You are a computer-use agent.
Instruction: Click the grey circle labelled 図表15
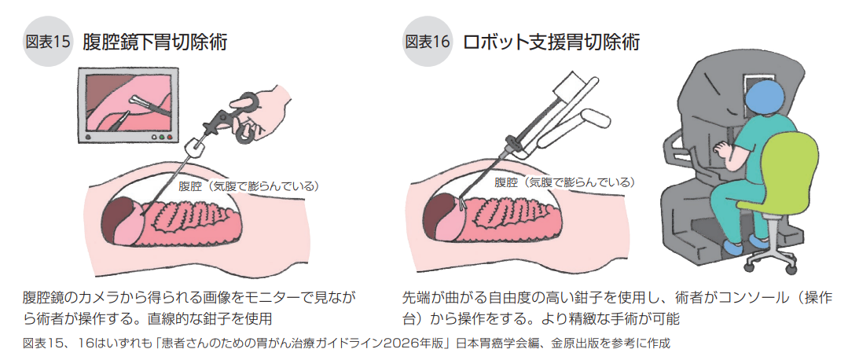coord(48,42)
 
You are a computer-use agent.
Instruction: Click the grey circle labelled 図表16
coord(428,42)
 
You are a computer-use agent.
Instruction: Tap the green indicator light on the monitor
coord(161,136)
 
